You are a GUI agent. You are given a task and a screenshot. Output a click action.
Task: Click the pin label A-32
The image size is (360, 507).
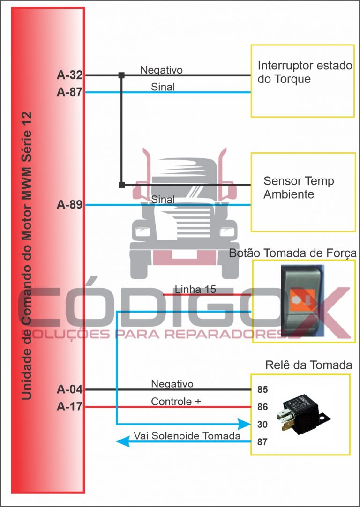click(x=69, y=75)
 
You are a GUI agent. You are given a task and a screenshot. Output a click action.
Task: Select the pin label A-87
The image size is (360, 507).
click(x=69, y=92)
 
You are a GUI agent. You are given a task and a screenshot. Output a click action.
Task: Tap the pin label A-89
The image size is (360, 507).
click(x=69, y=205)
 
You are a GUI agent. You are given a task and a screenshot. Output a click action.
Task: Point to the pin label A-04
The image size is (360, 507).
click(x=69, y=389)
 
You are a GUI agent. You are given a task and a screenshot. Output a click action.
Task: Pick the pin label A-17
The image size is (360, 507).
click(x=69, y=407)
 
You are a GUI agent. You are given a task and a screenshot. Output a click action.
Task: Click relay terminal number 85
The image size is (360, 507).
click(x=262, y=389)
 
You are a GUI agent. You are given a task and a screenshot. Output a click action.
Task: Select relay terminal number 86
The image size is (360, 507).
click(x=262, y=407)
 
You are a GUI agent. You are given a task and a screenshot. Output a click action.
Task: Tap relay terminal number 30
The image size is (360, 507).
click(x=262, y=425)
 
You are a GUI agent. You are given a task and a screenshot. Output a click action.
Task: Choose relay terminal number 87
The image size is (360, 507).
click(x=262, y=442)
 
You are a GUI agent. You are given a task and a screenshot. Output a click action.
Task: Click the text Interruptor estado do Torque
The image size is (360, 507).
click(x=305, y=72)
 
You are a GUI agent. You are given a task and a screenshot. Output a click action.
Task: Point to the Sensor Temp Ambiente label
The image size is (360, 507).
click(x=299, y=187)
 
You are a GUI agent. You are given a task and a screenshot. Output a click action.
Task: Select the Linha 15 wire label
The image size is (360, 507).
click(x=195, y=290)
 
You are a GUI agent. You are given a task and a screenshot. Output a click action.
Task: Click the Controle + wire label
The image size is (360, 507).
click(x=176, y=402)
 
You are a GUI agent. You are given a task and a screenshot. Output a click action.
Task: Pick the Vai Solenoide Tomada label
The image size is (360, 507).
click(x=187, y=436)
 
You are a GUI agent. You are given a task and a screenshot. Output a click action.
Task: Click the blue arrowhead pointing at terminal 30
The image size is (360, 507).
click(x=245, y=425)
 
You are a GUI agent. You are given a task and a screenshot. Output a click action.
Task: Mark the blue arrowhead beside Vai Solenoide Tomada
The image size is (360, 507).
click(x=123, y=441)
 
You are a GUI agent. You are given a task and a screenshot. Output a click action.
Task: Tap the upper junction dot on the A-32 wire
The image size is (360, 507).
click(x=121, y=75)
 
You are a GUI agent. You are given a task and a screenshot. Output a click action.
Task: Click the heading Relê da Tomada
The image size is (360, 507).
click(x=302, y=365)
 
